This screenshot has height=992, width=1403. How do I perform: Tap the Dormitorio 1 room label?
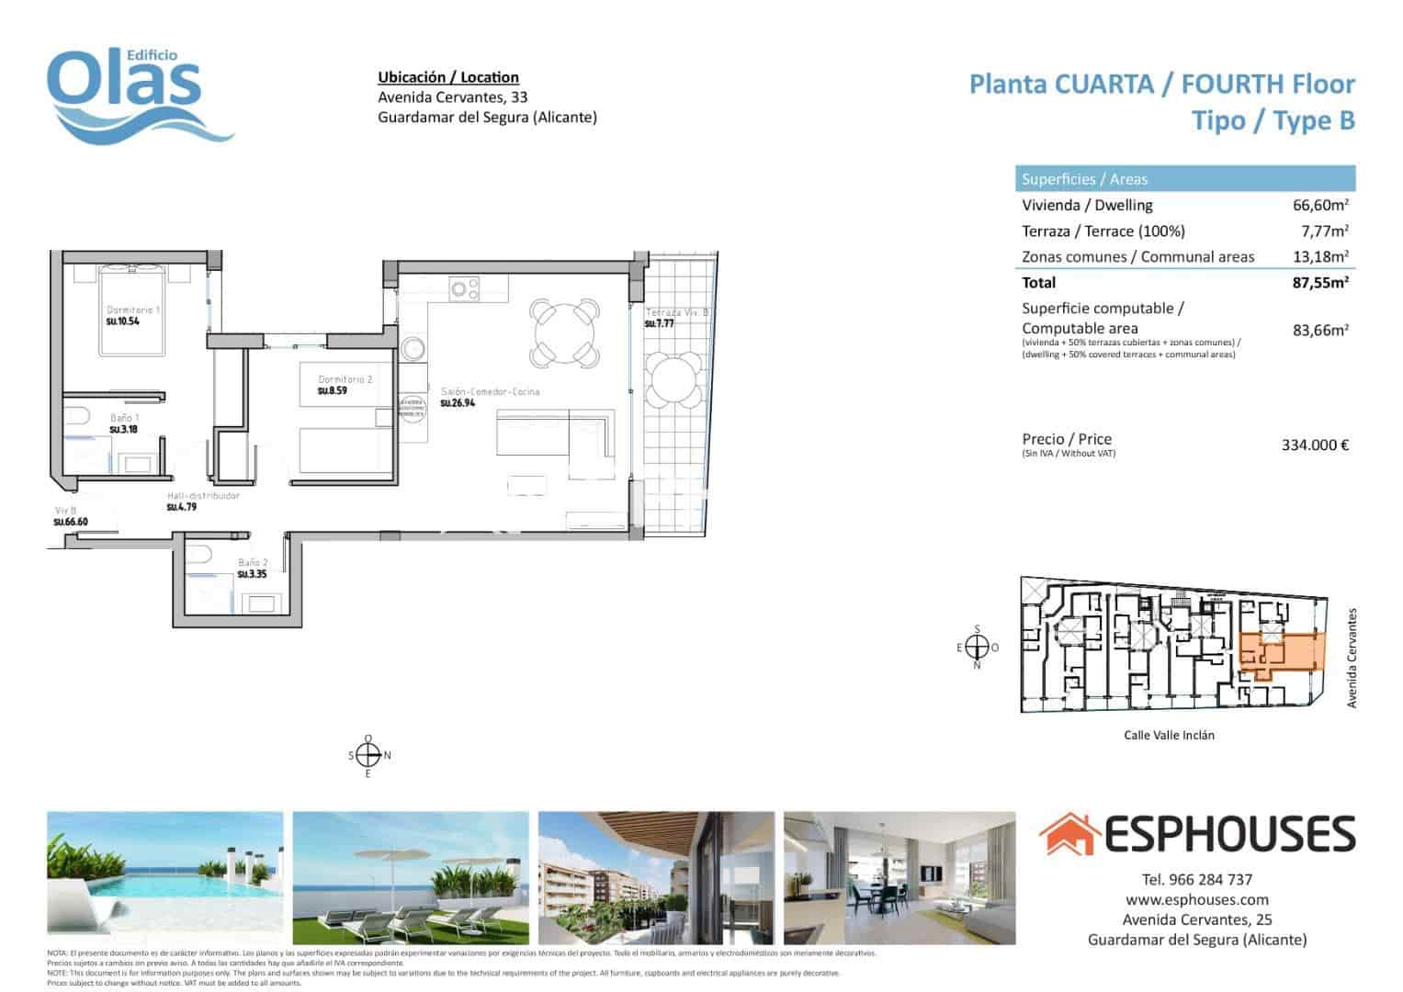133,310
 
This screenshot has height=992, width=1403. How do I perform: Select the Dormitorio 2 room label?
345,379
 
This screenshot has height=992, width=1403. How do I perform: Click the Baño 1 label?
124,418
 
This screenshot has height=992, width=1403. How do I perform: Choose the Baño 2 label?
252,562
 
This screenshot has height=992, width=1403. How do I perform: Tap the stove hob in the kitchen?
464,288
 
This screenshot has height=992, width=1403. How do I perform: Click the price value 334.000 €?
1315,445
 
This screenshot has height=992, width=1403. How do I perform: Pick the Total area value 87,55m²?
1320,283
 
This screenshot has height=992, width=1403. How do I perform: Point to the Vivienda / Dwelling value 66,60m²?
1320,206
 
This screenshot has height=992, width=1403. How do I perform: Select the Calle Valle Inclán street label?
1169,735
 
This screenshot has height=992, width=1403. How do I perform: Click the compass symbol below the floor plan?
368,756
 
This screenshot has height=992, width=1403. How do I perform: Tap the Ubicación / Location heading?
448,77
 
